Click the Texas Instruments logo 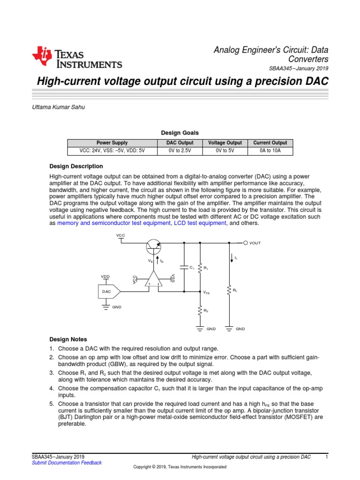(x=77, y=58)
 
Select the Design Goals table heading (x=180, y=133)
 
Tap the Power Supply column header (x=112, y=143)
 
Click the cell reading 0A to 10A (x=270, y=151)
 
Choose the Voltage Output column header (x=225, y=143)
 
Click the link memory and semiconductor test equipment (x=114, y=224)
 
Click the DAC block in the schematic (x=106, y=292)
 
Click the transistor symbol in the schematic (x=153, y=245)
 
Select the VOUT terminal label (x=255, y=243)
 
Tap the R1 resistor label (x=205, y=268)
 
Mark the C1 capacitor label (x=192, y=267)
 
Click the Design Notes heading (x=68, y=339)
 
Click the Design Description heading (x=76, y=166)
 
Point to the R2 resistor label (x=205, y=310)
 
